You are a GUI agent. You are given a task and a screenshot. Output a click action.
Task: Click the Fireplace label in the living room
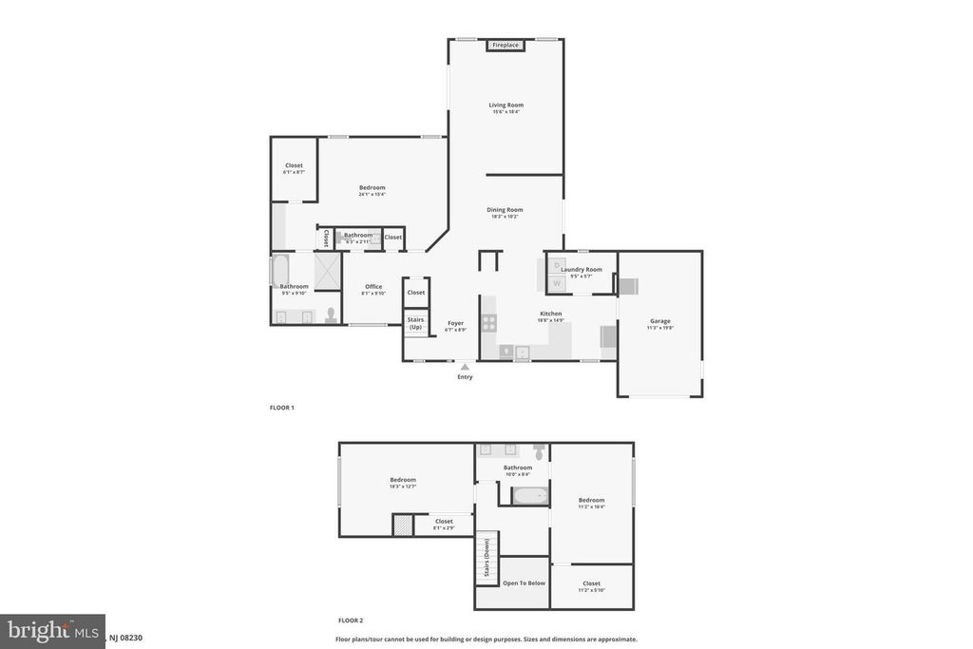tap(506, 45)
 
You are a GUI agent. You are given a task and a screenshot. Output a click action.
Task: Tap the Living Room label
tap(506, 105)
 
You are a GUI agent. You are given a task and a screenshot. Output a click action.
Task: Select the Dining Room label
tap(505, 210)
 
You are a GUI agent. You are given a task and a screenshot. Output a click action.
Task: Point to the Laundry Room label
tap(581, 270)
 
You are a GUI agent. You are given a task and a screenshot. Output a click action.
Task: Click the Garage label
tap(659, 321)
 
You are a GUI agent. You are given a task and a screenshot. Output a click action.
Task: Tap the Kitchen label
tap(550, 314)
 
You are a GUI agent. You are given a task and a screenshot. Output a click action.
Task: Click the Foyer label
tap(455, 323)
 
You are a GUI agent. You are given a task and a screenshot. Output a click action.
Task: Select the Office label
tap(372, 287)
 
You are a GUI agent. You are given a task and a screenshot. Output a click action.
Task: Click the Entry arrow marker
tap(465, 366)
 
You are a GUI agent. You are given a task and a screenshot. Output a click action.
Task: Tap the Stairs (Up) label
tap(415, 323)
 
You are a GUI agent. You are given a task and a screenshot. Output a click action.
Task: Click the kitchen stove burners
tap(488, 322)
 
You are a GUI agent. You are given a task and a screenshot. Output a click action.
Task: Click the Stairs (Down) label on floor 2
tap(486, 557)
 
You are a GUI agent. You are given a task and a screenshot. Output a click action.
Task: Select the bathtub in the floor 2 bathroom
tap(529, 495)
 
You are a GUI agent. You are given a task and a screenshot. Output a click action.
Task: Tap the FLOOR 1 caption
tap(282, 408)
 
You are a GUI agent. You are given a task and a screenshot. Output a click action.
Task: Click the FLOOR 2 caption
tap(351, 620)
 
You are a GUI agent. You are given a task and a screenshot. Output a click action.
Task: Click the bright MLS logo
tap(52, 631)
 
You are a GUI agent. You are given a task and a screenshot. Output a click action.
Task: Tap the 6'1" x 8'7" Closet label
tap(294, 166)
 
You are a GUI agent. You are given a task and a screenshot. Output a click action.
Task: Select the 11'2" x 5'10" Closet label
tap(591, 583)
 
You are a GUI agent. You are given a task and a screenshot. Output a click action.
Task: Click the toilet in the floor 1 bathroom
tap(331, 315)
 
